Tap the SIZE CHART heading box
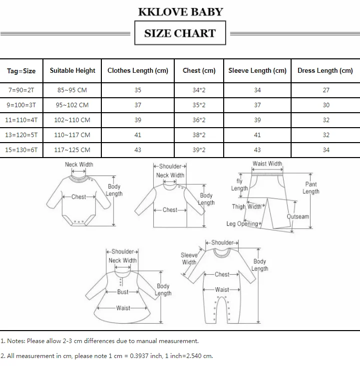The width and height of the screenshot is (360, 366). tap(180, 33)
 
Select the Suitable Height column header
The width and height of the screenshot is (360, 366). tap(72, 71)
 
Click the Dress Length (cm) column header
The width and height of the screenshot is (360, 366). tap(325, 71)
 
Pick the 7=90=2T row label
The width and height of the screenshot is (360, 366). tap(21, 90)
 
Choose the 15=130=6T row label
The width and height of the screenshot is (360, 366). tap(21, 150)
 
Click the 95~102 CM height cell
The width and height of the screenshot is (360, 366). tap(73, 105)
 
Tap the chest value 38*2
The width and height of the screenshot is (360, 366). tap(199, 135)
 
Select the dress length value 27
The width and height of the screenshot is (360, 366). tap(326, 90)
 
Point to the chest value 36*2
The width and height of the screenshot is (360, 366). tap(199, 120)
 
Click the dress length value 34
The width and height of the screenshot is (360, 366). tap(326, 150)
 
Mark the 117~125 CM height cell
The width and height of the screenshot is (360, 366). tap(73, 150)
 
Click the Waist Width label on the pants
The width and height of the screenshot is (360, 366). tap(267, 164)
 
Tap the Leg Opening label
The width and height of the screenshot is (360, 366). tap(242, 224)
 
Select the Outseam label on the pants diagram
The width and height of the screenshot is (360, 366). tap(299, 217)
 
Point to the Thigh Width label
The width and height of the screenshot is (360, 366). tap(247, 206)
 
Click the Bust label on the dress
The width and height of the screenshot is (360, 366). tap(123, 292)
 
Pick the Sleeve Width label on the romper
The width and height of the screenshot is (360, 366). tap(189, 259)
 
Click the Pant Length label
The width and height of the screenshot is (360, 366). tap(311, 188)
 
